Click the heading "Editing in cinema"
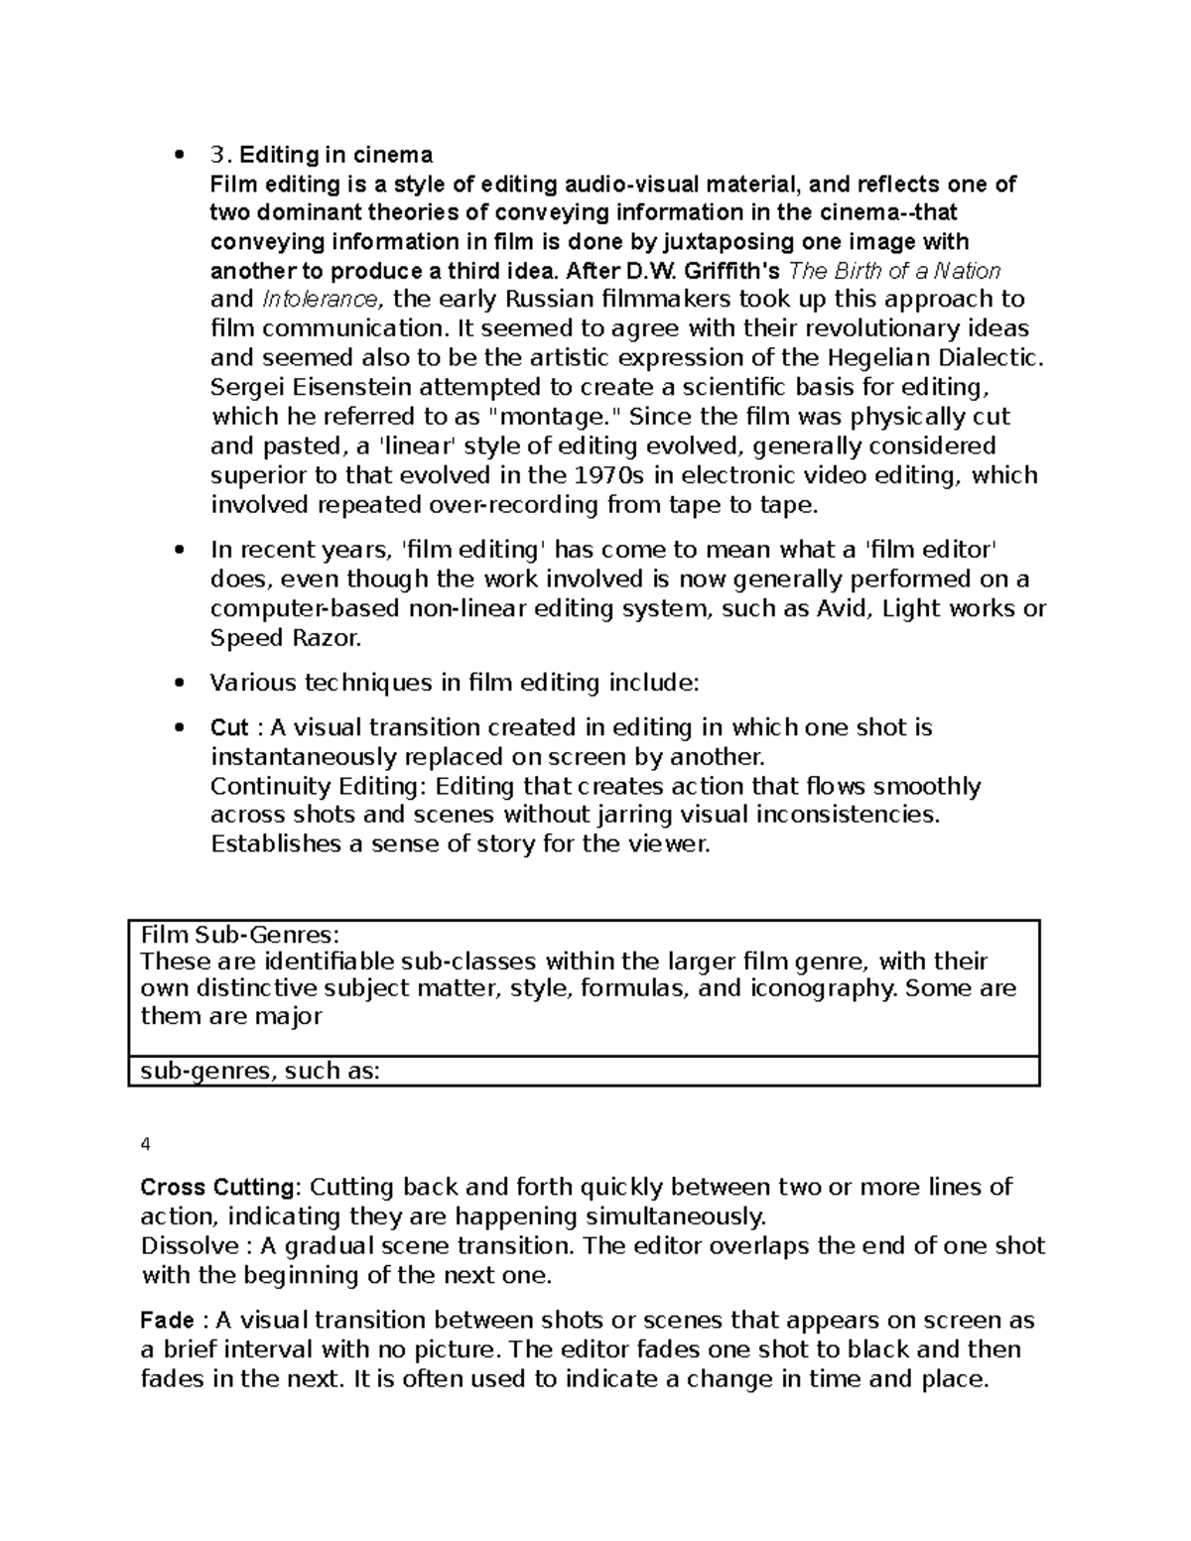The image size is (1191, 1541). (x=335, y=155)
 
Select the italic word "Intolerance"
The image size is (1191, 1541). (x=319, y=300)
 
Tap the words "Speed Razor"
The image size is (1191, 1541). (x=284, y=638)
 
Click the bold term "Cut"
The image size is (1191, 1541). (x=229, y=728)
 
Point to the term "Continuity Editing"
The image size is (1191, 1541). (x=319, y=787)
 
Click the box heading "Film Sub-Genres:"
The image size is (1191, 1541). (x=240, y=935)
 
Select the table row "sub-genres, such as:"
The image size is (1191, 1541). (x=261, y=1072)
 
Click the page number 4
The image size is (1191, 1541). (x=146, y=1144)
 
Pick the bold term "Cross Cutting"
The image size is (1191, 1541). (x=218, y=1188)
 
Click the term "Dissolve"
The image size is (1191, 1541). (x=190, y=1246)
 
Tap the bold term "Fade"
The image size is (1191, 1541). (x=168, y=1321)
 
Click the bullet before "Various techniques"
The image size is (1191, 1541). (x=180, y=684)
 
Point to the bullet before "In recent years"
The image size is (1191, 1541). (x=180, y=551)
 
